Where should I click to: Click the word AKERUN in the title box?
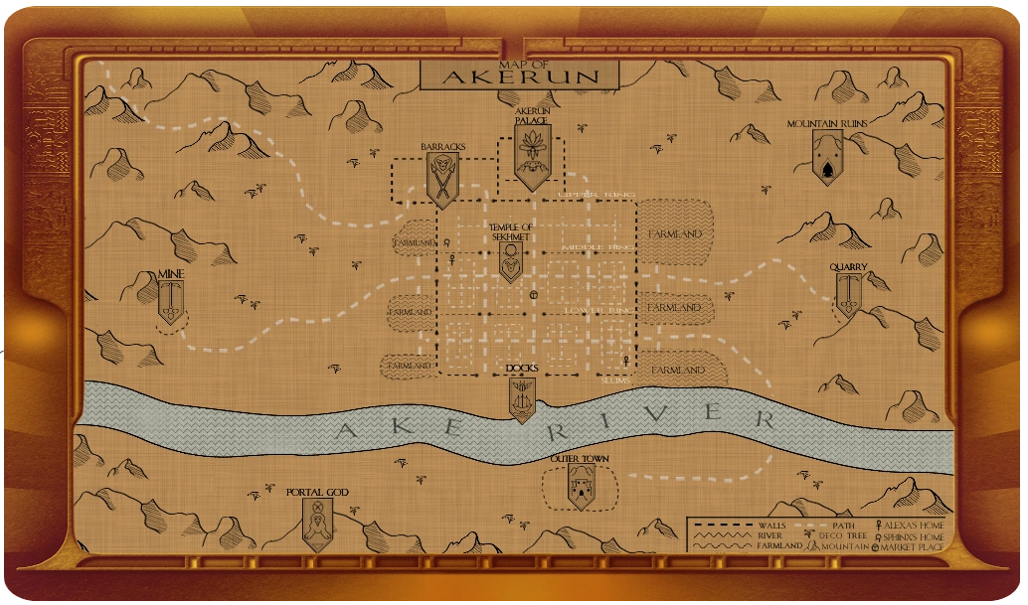pos(520,76)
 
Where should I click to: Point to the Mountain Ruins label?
pos(827,124)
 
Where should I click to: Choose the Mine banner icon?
pos(172,300)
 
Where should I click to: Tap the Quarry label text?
pos(849,267)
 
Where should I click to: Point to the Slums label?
pos(616,379)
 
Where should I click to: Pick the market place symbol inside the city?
pos(534,295)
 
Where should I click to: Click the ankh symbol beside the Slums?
pos(625,360)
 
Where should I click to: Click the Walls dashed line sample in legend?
pos(723,524)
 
